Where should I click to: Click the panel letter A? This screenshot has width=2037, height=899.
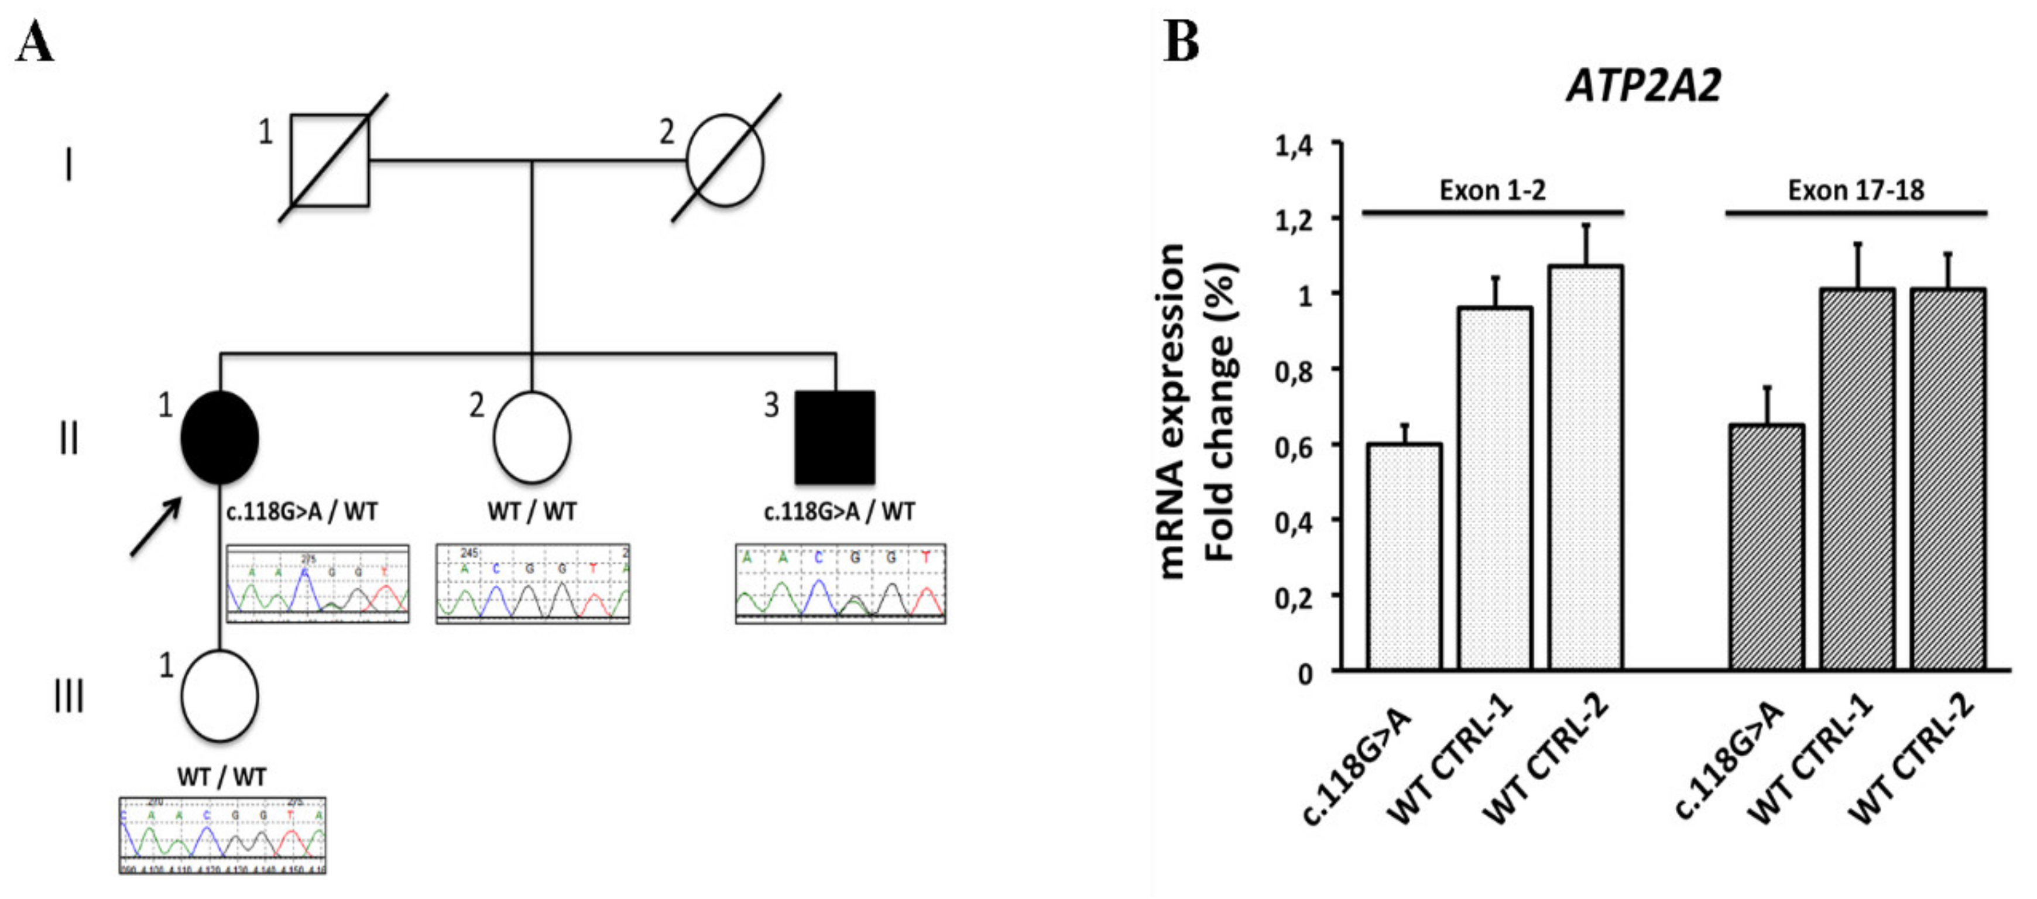(x=35, y=43)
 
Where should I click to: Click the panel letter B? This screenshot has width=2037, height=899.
(x=1181, y=43)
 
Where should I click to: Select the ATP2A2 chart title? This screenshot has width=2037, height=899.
(x=1644, y=86)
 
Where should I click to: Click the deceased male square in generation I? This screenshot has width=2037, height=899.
(x=329, y=160)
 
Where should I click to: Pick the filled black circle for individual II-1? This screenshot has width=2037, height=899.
(x=220, y=437)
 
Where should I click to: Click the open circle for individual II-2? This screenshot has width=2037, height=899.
(x=531, y=437)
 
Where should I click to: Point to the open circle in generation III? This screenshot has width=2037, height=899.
(x=220, y=696)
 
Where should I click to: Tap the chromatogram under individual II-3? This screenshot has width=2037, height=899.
(x=840, y=584)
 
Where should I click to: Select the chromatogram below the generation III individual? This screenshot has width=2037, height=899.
(x=222, y=835)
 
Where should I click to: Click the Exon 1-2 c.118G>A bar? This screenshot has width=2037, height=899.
(x=1404, y=557)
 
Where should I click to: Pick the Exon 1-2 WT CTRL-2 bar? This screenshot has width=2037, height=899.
(x=1586, y=468)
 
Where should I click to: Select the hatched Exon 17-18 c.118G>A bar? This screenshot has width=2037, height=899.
(x=1767, y=547)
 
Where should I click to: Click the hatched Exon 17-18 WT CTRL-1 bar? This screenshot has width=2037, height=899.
(x=1857, y=479)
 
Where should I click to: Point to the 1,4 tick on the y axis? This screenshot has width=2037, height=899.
(x=1294, y=146)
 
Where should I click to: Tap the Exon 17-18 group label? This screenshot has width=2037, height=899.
(x=1856, y=191)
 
